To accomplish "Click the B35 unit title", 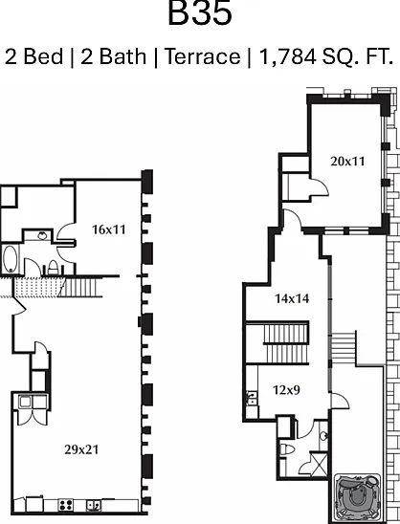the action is [x=200, y=13].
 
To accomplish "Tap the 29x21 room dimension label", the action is [x=81, y=449].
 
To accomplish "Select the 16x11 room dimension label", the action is [x=109, y=229].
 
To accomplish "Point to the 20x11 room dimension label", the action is [x=347, y=162].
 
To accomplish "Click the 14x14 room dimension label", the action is [x=292, y=298].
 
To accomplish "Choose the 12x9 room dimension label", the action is [x=287, y=390].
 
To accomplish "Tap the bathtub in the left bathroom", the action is [x=10, y=259].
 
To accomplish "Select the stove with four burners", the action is [x=66, y=505].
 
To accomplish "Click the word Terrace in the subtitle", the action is [x=203, y=56].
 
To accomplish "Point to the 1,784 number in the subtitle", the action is [x=288, y=56].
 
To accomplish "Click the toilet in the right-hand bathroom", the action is [x=287, y=448].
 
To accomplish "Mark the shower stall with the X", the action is [x=319, y=464].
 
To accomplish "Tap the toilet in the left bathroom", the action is [x=54, y=268].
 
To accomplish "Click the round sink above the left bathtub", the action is [x=42, y=235].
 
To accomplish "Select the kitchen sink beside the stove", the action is [x=94, y=505].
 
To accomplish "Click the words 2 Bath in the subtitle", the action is [x=114, y=56].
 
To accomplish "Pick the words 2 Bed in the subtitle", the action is [x=33, y=56].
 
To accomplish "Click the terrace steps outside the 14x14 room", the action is [x=344, y=348].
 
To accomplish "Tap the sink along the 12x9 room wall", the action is [x=252, y=398].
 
